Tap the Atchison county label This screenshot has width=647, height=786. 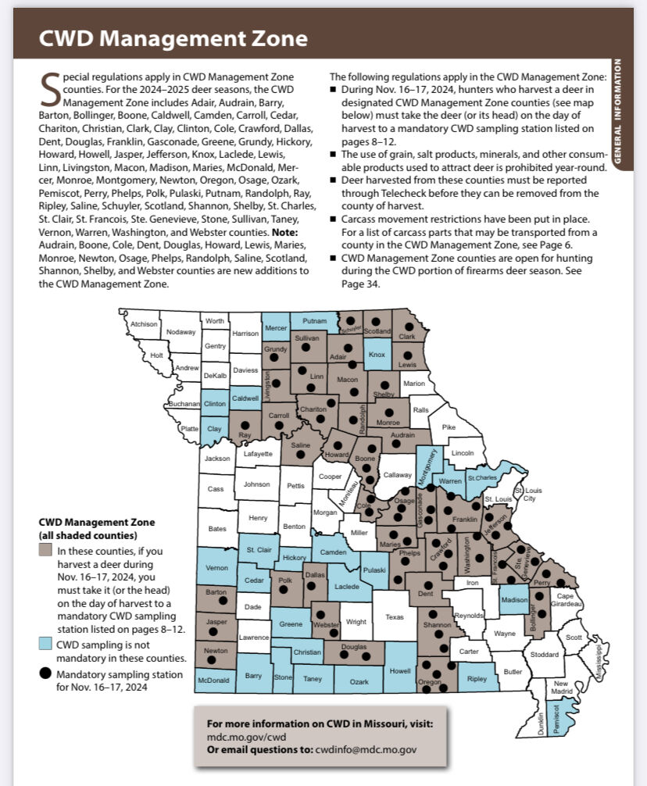(x=144, y=324)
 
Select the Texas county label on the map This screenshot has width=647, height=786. (x=395, y=617)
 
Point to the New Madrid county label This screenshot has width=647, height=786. (x=561, y=688)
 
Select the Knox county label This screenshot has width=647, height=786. (x=377, y=355)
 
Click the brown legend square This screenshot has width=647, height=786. (x=45, y=550)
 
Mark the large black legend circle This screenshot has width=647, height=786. (x=45, y=673)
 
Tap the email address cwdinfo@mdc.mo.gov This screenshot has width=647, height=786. (x=366, y=749)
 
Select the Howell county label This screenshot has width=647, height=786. (x=400, y=670)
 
